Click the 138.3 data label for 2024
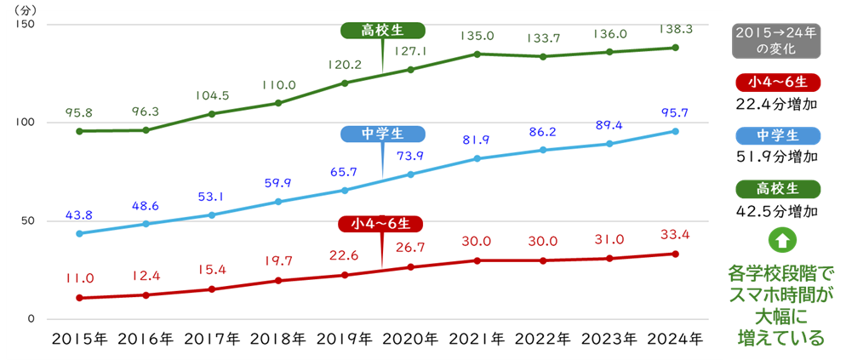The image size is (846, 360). (675, 28)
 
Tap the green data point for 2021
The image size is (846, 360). (477, 54)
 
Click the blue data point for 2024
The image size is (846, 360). (675, 131)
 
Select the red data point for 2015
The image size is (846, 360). (79, 298)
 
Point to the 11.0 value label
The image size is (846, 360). (79, 277)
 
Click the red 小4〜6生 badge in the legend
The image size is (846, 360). (776, 83)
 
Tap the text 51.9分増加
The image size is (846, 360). (776, 157)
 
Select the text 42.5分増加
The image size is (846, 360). (776, 210)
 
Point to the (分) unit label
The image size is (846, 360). (24, 10)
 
